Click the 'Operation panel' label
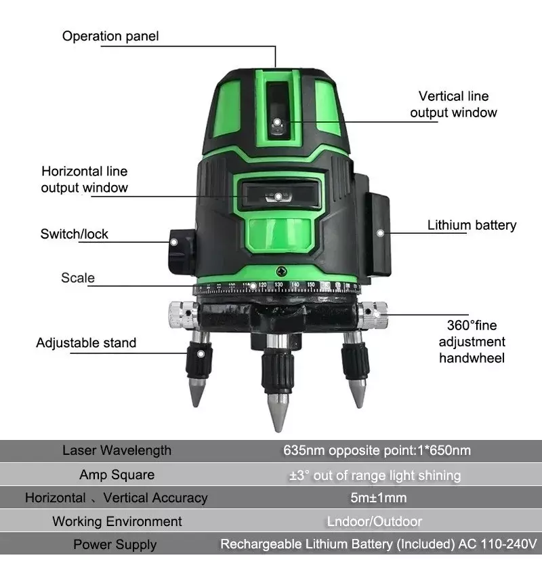pyautogui.click(x=110, y=36)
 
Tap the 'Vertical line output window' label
pyautogui.click(x=453, y=104)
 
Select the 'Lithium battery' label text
pyautogui.click(x=472, y=225)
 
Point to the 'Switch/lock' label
pyautogui.click(x=75, y=234)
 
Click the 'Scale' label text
pyautogui.click(x=78, y=277)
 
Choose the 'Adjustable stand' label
pyautogui.click(x=86, y=342)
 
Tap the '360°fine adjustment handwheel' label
pyautogui.click(x=472, y=341)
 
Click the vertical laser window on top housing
pyautogui.click(x=276, y=112)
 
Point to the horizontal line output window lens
pyautogui.click(x=277, y=196)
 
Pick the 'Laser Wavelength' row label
pyautogui.click(x=117, y=450)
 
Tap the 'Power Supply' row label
pyautogui.click(x=114, y=544)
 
